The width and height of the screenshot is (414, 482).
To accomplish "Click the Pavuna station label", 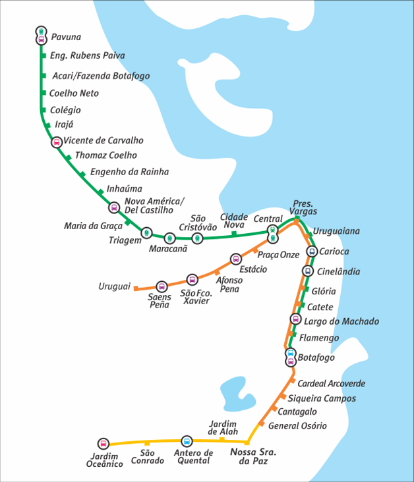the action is pyautogui.click(x=66, y=37).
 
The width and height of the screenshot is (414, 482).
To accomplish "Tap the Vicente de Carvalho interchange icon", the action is pyautogui.click(x=56, y=142).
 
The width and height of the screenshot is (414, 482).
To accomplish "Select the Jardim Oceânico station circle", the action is pyautogui.click(x=103, y=444).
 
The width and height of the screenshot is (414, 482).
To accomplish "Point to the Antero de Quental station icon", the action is pyautogui.click(x=187, y=441).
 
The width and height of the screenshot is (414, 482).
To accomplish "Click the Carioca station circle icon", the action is pyautogui.click(x=312, y=252).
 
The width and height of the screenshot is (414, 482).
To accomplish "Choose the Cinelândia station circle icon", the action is pyautogui.click(x=308, y=271).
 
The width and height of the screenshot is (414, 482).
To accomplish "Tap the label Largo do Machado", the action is pyautogui.click(x=341, y=321).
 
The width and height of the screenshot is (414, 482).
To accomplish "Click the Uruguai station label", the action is pyautogui.click(x=115, y=286).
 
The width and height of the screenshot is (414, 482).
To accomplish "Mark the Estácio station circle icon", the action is pyautogui.click(x=236, y=259).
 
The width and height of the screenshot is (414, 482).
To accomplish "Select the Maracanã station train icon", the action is pyautogui.click(x=169, y=238).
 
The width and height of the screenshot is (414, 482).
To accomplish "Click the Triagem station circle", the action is pyautogui.click(x=146, y=232).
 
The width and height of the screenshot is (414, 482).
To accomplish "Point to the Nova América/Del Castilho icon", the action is pyautogui.click(x=114, y=207).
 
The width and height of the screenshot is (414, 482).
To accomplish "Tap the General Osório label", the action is pyautogui.click(x=297, y=426).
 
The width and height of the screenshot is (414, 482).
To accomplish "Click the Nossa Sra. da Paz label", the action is pyautogui.click(x=253, y=456).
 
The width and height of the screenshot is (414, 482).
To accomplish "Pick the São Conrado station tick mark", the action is pyautogui.click(x=147, y=443).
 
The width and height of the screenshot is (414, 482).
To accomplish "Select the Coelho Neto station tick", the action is pyautogui.click(x=44, y=93).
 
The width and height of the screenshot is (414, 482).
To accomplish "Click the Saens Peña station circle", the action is pyautogui.click(x=162, y=287).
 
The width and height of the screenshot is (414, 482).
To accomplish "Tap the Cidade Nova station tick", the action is pyautogui.click(x=234, y=234).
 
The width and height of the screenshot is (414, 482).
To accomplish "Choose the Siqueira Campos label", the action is pyautogui.click(x=322, y=398).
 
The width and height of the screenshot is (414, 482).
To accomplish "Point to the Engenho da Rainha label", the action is pyautogui.click(x=130, y=172).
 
